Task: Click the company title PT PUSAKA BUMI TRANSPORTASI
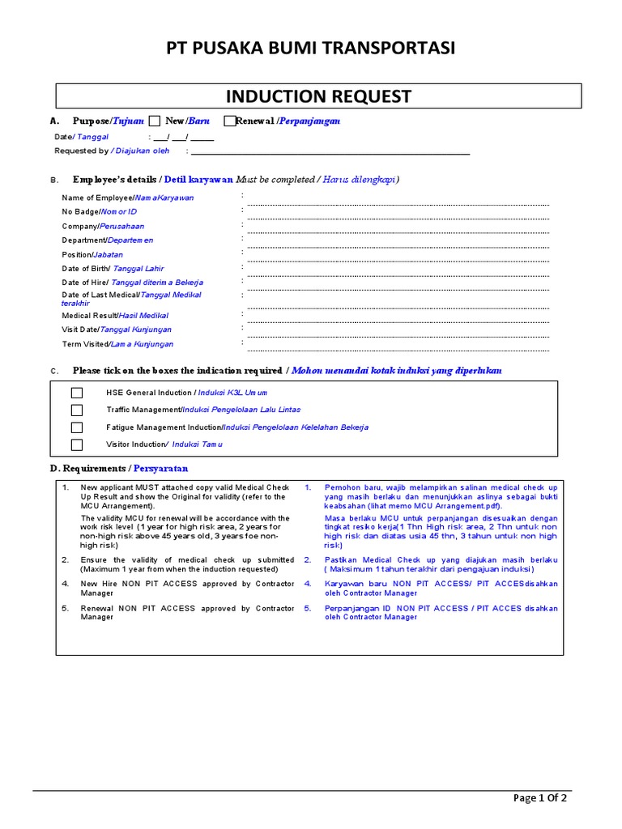(x=311, y=49)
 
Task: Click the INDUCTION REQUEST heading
(x=318, y=97)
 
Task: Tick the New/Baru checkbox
(x=155, y=121)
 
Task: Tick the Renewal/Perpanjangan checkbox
(x=230, y=121)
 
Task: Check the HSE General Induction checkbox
(x=77, y=393)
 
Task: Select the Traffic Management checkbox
(x=77, y=410)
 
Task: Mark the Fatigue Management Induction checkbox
(x=77, y=427)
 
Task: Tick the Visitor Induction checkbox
(x=77, y=444)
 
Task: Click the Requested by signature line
(x=332, y=151)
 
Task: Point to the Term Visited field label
(x=117, y=344)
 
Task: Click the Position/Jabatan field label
(x=92, y=254)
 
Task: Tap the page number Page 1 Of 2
(x=540, y=798)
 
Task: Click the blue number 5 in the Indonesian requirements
(x=308, y=608)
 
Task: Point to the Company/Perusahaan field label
(x=102, y=227)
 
